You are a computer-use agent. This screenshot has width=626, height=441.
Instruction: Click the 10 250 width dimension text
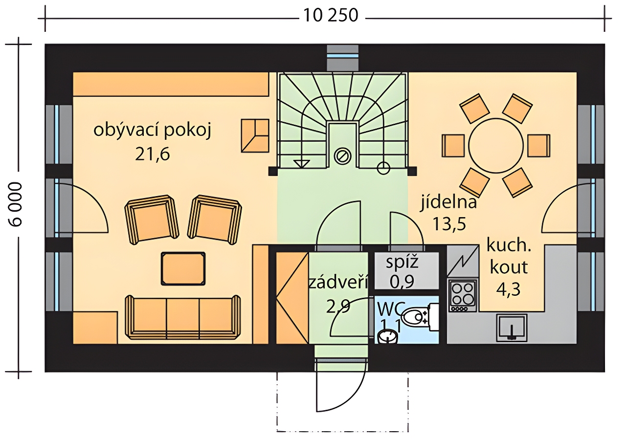[330, 16]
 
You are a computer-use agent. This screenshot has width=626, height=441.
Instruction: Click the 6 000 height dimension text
[15, 204]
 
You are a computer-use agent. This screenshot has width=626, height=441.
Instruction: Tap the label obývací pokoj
[152, 131]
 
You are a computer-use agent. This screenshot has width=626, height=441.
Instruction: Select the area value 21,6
[152, 154]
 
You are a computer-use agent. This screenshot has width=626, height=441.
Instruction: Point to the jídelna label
[449, 202]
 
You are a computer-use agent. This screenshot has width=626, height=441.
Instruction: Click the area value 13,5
[449, 224]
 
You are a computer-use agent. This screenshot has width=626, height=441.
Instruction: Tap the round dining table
[496, 145]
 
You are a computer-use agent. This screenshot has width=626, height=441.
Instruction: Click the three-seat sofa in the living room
[183, 317]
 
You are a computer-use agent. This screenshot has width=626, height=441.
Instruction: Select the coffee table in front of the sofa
[183, 268]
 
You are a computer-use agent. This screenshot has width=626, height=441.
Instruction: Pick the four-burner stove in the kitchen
[463, 296]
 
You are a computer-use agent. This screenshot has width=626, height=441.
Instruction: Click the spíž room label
[402, 263]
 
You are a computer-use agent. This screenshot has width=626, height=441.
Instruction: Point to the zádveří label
[338, 283]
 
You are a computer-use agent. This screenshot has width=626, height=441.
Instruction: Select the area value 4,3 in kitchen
[508, 289]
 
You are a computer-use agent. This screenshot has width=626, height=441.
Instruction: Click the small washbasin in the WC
[387, 336]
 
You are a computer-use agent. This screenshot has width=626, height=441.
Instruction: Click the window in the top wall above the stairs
[342, 58]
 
